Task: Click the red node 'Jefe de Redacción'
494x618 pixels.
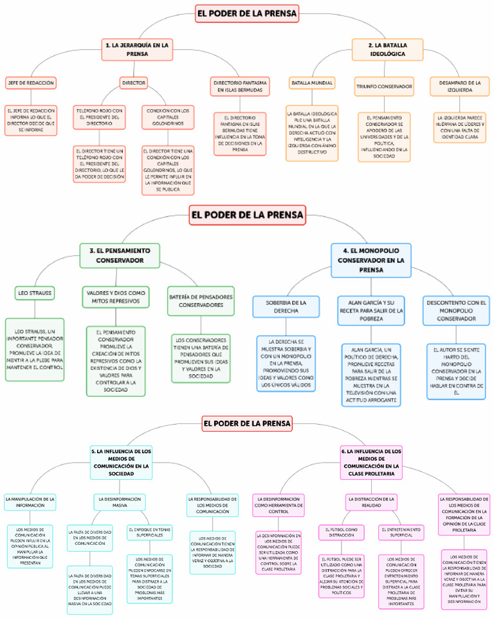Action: pos(30,83)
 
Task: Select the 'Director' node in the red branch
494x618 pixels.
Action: pos(133,83)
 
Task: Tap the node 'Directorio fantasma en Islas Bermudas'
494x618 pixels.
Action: pos(238,87)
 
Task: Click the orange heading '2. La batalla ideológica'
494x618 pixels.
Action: pos(387,49)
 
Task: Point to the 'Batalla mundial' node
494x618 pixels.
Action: pos(311,84)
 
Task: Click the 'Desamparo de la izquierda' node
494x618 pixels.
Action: pos(455,87)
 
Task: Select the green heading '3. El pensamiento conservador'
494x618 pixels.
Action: pos(120,255)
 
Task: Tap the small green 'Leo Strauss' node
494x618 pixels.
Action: pos(35,293)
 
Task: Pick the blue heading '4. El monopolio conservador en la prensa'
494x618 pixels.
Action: pos(370,260)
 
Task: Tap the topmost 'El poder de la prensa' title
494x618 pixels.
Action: pos(247,13)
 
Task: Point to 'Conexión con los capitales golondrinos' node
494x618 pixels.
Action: pos(169,116)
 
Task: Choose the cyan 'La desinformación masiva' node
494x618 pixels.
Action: pos(120,502)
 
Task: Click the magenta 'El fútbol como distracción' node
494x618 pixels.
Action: pos(342,533)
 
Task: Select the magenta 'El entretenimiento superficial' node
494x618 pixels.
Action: pos(401,533)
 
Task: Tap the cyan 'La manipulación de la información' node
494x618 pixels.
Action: pos(30,502)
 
